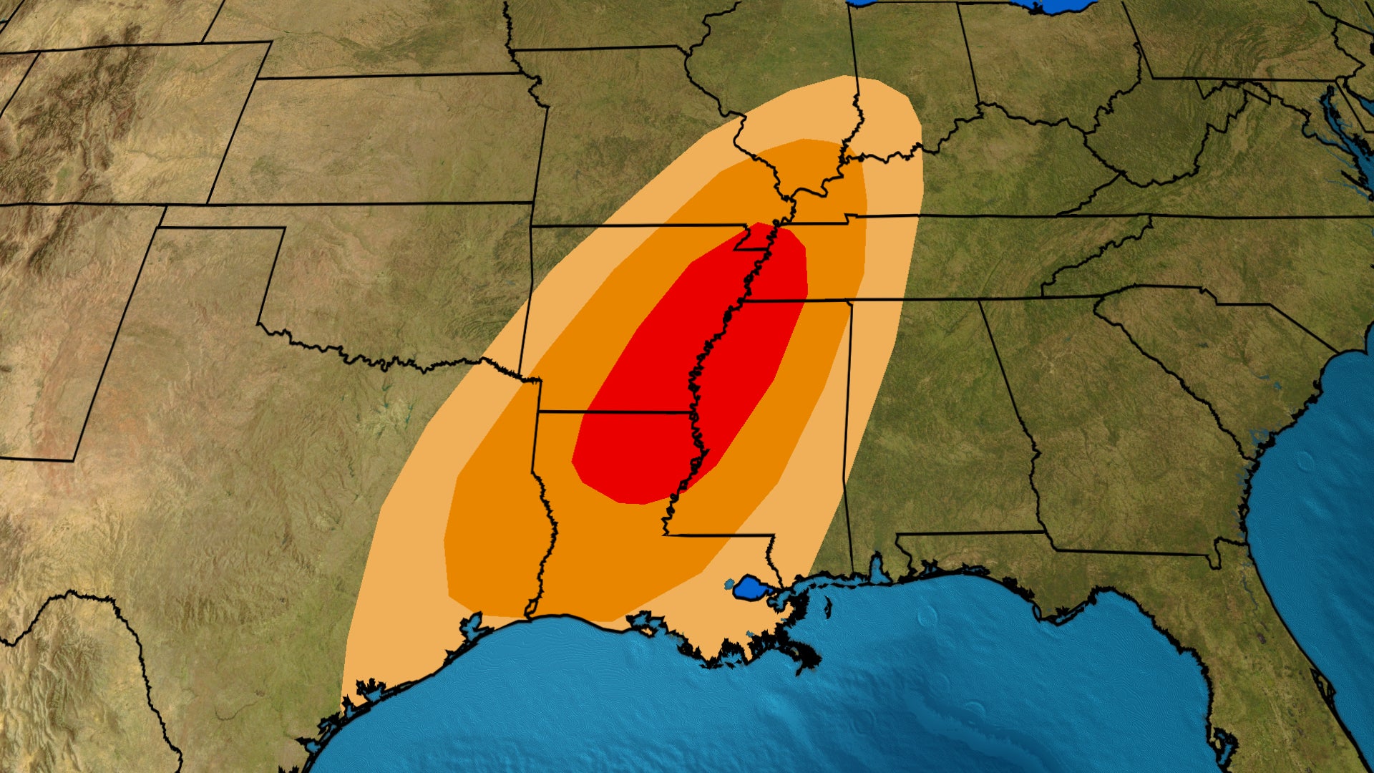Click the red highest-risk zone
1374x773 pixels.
click(x=687, y=372)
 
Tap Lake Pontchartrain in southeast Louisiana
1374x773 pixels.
click(x=751, y=588)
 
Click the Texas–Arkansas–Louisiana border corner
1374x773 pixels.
click(x=538, y=412)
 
